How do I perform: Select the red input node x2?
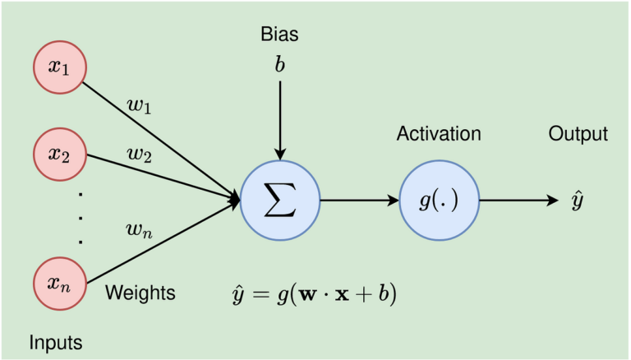click(x=58, y=154)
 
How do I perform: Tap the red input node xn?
click(x=58, y=284)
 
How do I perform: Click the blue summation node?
click(x=281, y=200)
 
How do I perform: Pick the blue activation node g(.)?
click(x=439, y=200)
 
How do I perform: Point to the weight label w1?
click(x=138, y=105)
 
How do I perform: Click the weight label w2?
click(x=138, y=154)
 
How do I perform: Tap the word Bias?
click(x=279, y=35)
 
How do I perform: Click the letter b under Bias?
click(x=280, y=64)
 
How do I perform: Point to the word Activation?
click(x=439, y=134)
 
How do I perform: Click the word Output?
click(x=578, y=134)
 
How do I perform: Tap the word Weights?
click(x=140, y=292)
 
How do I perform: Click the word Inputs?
click(x=56, y=340)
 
